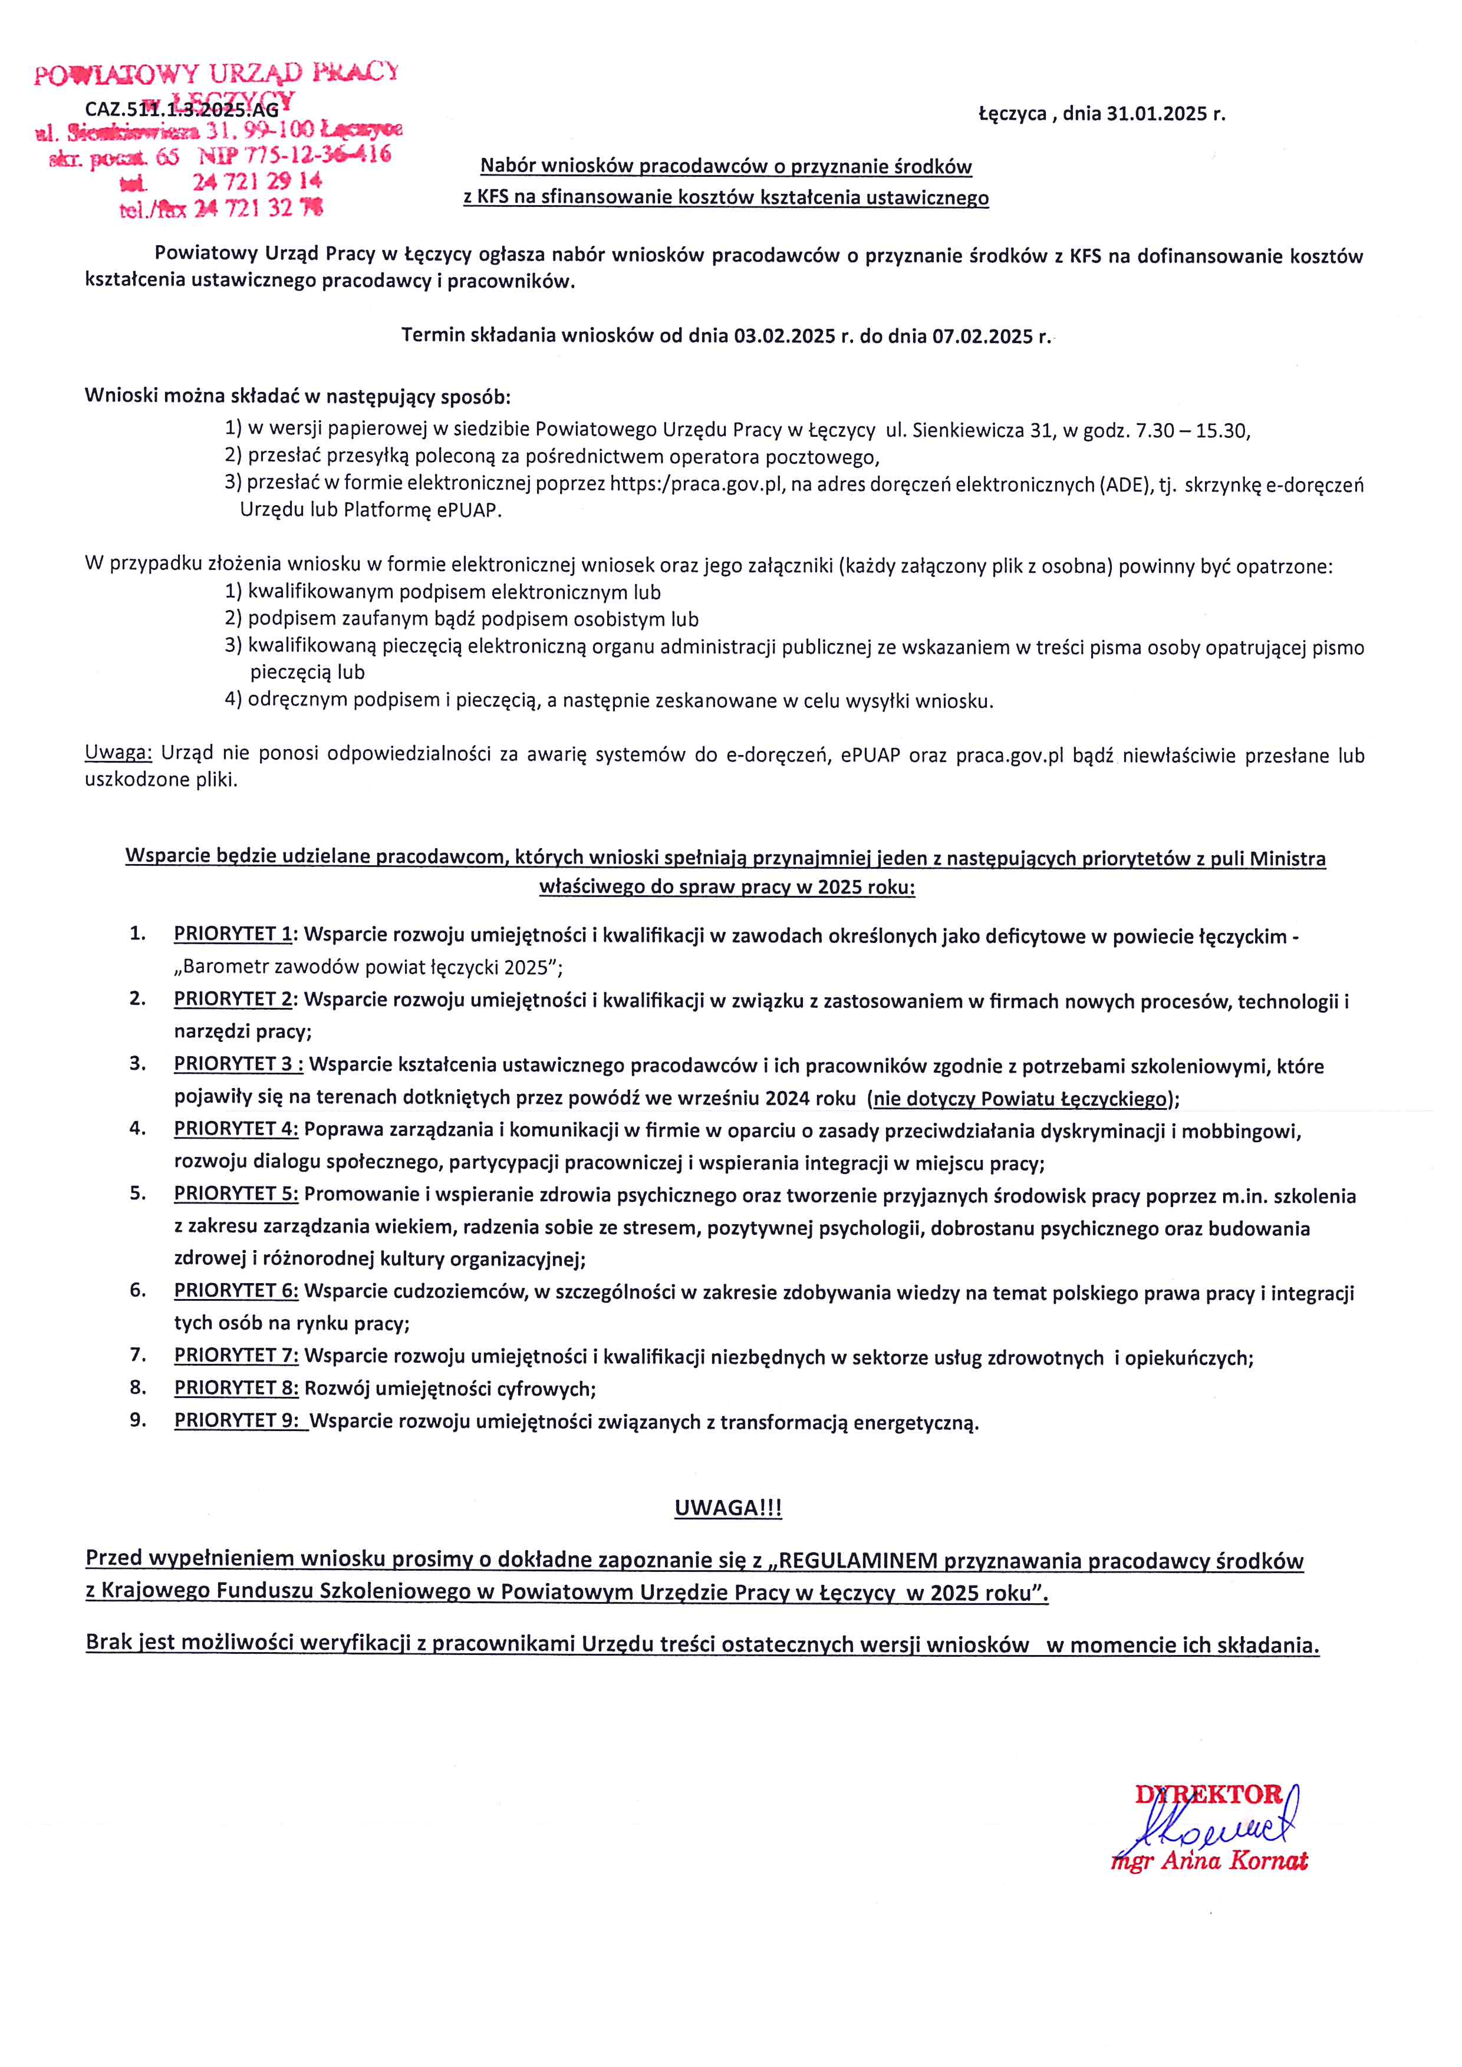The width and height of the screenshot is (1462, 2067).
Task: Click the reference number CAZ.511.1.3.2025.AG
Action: pos(182,110)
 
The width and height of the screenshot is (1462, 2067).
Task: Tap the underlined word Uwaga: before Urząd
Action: pos(119,753)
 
